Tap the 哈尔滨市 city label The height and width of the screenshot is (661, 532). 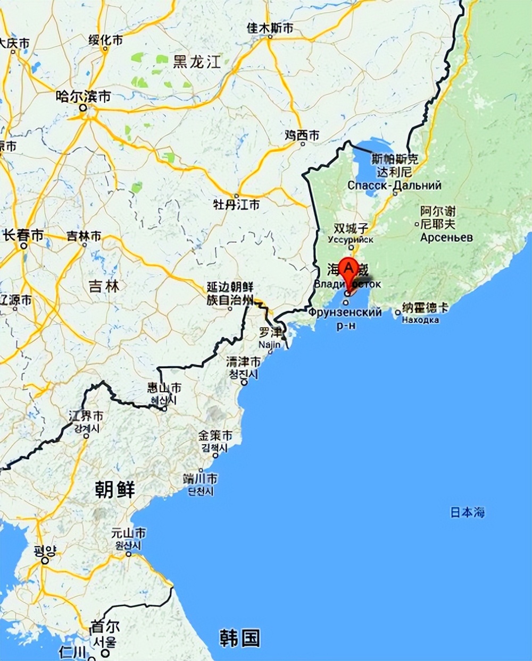coord(84,96)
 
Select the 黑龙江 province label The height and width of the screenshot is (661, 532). coord(196,62)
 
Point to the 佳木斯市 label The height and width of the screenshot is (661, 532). coord(270,28)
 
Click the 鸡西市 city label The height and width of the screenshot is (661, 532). coord(302,136)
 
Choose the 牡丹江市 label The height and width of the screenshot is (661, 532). coord(236,204)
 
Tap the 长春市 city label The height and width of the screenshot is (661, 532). coord(23,235)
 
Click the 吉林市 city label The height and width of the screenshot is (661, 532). coord(84,236)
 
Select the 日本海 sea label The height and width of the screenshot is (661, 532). coord(468,512)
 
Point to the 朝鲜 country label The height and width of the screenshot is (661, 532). coord(115,489)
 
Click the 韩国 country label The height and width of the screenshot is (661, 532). coord(240,638)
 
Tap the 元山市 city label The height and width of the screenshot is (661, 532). coord(129,533)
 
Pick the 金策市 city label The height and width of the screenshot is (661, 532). coord(215,436)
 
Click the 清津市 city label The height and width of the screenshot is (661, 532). coord(244,362)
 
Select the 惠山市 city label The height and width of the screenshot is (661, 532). coord(164,388)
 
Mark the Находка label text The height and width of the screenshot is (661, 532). coord(420,320)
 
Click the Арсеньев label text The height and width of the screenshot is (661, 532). coord(446,238)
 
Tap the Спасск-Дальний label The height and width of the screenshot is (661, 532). coord(394,185)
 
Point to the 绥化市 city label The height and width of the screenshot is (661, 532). coord(105,40)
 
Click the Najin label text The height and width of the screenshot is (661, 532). coord(269,345)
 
